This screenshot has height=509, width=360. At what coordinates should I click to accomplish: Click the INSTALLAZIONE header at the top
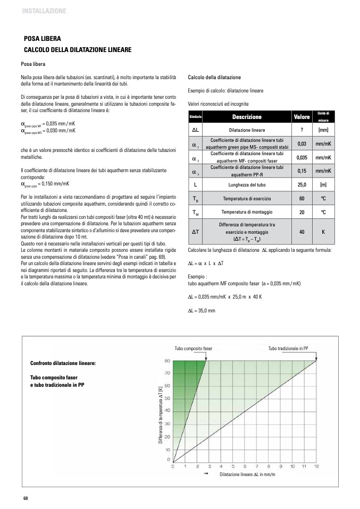(44, 10)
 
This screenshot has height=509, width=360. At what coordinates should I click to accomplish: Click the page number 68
(25, 497)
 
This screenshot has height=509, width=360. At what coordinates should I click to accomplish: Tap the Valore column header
(302, 117)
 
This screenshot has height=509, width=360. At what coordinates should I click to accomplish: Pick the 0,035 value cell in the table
(302, 157)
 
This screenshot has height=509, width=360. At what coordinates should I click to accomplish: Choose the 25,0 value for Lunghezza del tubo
(302, 184)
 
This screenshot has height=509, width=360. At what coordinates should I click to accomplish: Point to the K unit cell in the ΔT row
(323, 232)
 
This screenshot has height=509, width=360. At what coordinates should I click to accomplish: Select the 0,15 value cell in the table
(302, 171)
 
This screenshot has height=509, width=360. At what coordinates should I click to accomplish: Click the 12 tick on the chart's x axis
(316, 466)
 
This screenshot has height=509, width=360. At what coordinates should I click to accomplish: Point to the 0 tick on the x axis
(172, 466)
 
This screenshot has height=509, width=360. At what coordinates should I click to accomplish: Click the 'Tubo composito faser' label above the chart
(194, 349)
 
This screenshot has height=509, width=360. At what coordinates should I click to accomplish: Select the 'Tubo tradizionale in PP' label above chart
(289, 349)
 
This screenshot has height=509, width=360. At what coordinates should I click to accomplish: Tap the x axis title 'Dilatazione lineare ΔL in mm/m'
(247, 474)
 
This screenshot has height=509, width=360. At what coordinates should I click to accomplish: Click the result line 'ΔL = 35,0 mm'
(202, 310)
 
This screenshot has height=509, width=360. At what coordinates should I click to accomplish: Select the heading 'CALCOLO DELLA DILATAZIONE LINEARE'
(78, 49)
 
